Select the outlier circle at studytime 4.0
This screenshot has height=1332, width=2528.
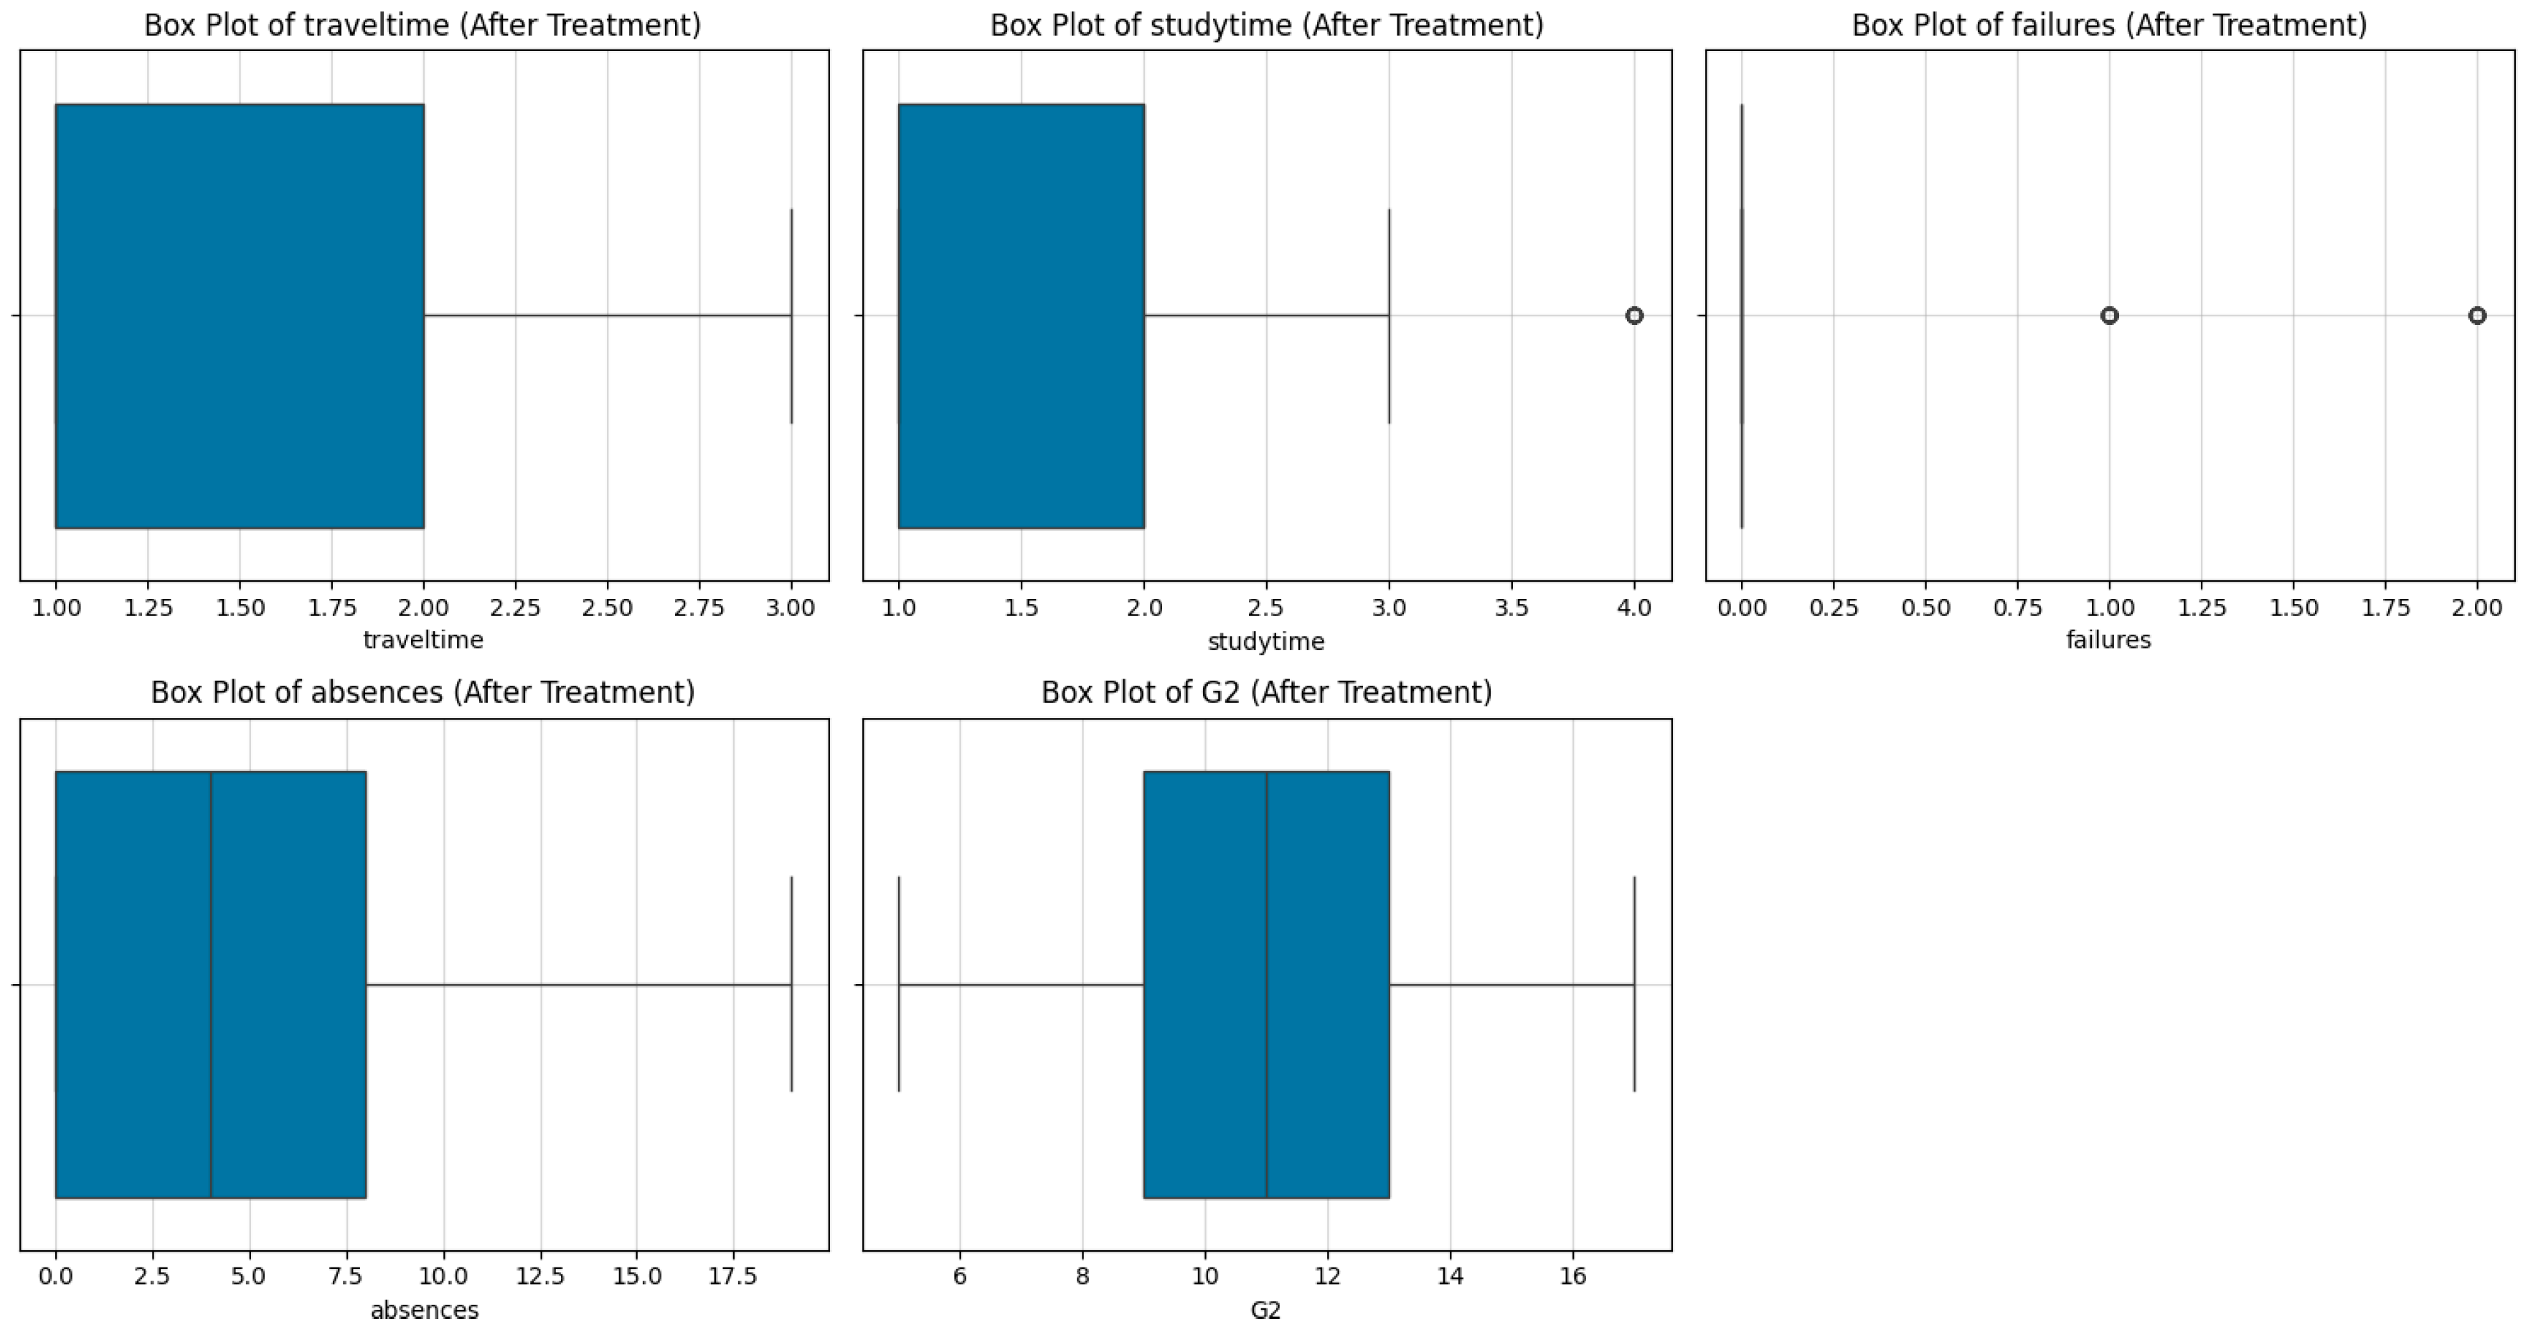[1634, 315]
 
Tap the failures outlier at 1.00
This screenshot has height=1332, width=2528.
[2109, 315]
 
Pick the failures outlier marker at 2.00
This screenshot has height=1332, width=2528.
[2477, 315]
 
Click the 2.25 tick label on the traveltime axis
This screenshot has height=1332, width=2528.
[515, 608]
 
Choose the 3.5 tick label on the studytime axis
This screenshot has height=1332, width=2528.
[1511, 608]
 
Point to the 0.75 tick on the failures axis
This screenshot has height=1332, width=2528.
[2018, 608]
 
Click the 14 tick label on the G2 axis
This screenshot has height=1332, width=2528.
[1450, 1276]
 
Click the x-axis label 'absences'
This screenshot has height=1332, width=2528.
[424, 1310]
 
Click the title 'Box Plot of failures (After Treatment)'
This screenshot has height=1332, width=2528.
[2109, 24]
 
